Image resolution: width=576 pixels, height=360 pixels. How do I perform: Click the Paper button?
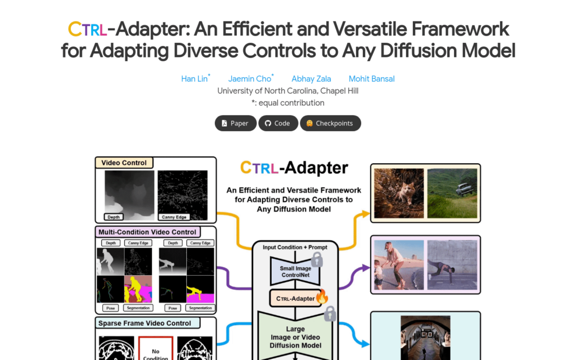click(x=236, y=123)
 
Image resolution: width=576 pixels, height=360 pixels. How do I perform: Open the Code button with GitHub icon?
click(x=278, y=123)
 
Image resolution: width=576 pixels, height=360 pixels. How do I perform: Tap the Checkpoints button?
click(x=330, y=123)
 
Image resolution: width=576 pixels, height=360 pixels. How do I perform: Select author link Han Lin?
click(x=194, y=79)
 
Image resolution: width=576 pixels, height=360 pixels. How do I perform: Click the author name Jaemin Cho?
click(x=249, y=79)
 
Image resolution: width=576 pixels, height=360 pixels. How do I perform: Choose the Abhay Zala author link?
click(x=311, y=79)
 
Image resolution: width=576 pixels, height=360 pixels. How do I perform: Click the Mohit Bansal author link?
click(x=371, y=79)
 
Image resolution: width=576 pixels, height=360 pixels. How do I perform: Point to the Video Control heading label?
click(x=124, y=163)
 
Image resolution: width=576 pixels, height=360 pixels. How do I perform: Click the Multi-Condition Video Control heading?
click(x=147, y=232)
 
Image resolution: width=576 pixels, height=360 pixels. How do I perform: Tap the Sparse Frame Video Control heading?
click(x=145, y=323)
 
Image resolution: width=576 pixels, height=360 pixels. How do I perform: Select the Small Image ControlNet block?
click(x=295, y=272)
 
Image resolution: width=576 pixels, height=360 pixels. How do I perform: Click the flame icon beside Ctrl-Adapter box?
click(x=322, y=296)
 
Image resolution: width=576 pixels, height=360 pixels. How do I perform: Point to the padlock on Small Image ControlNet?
click(x=317, y=260)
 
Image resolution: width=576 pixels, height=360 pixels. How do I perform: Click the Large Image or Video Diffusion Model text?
click(x=295, y=337)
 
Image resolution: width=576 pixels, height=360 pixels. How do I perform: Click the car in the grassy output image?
click(x=465, y=189)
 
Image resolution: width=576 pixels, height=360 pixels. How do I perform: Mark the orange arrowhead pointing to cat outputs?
click(x=366, y=214)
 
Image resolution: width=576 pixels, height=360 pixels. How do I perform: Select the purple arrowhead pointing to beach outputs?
click(x=366, y=268)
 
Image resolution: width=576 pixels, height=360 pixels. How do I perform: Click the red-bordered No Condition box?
click(x=156, y=348)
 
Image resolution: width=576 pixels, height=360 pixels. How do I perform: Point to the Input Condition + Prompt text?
click(x=295, y=247)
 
